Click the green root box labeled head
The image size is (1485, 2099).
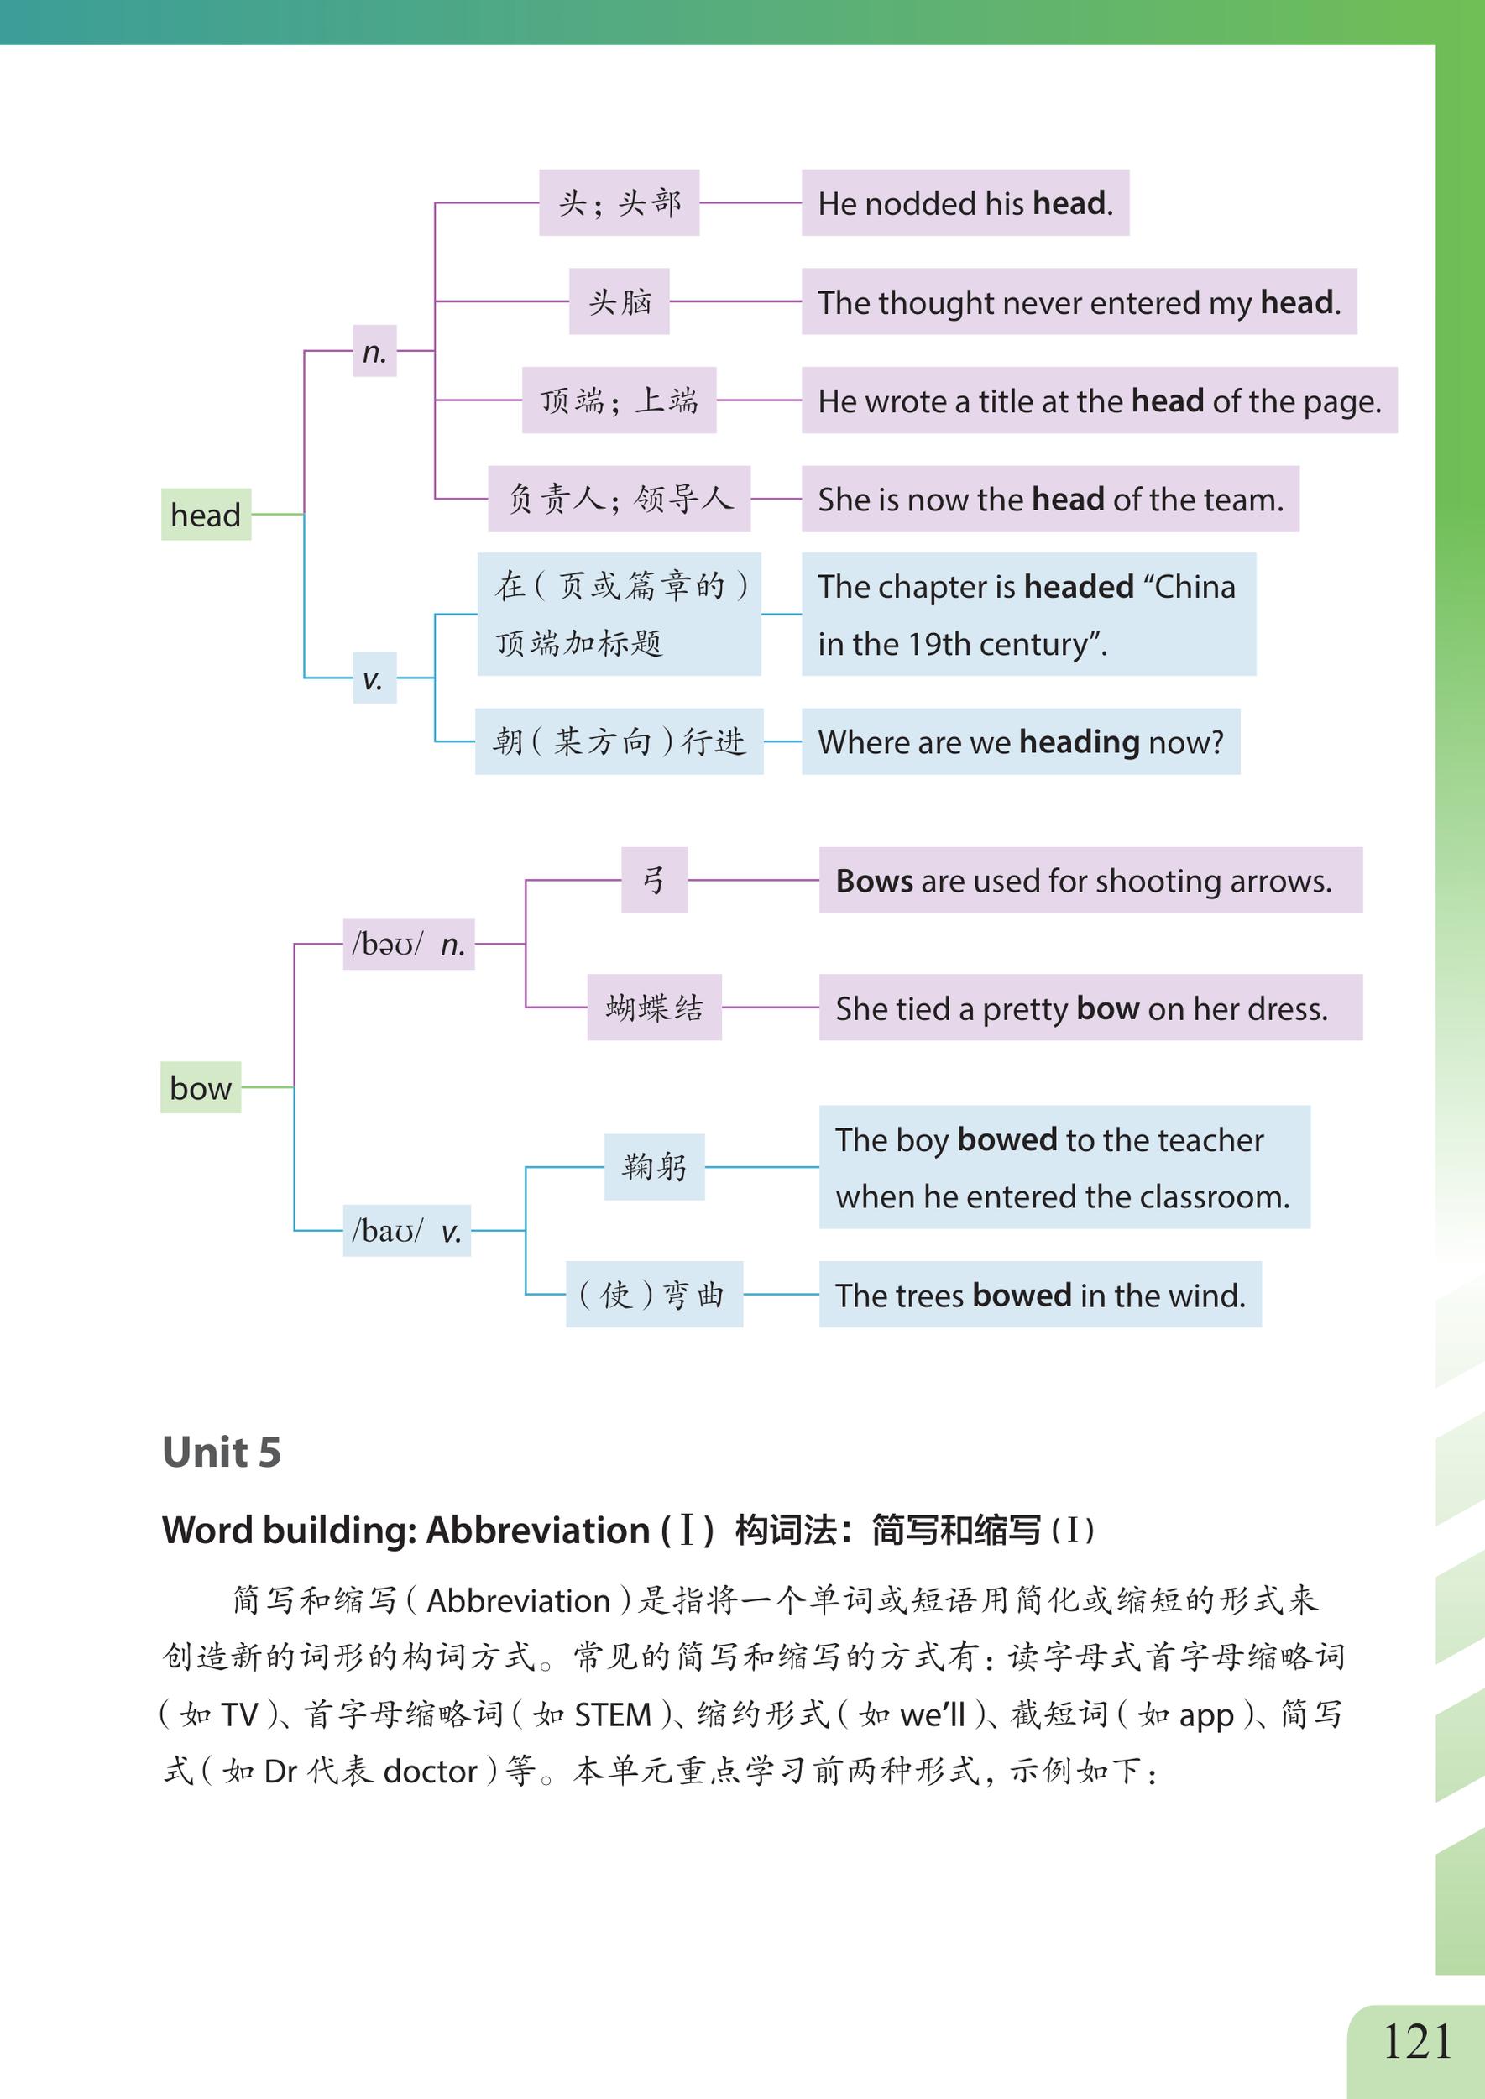pos(206,515)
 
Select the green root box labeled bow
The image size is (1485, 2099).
pos(201,1087)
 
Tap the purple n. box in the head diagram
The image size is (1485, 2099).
pos(375,351)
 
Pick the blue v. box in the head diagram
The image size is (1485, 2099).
pos(374,678)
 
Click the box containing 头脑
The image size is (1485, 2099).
pos(619,301)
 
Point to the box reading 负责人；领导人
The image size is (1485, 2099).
pos(619,500)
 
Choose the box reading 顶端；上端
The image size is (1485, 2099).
pos(619,400)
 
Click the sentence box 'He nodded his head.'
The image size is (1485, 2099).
pos(965,203)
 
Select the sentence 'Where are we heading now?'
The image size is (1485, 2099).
pos(1020,741)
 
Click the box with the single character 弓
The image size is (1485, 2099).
pos(654,880)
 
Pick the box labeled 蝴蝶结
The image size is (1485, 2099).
pos(654,1008)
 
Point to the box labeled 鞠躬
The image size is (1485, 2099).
pos(654,1167)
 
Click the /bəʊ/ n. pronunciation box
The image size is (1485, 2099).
pos(408,944)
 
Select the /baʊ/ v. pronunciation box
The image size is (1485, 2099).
pos(406,1231)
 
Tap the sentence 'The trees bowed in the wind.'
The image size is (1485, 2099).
pos(1040,1295)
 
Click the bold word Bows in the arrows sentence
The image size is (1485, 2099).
pos(874,881)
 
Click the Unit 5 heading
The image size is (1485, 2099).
pos(222,1453)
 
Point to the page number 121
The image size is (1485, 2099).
pos(1416,2041)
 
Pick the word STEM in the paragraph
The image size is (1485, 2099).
pos(612,1714)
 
